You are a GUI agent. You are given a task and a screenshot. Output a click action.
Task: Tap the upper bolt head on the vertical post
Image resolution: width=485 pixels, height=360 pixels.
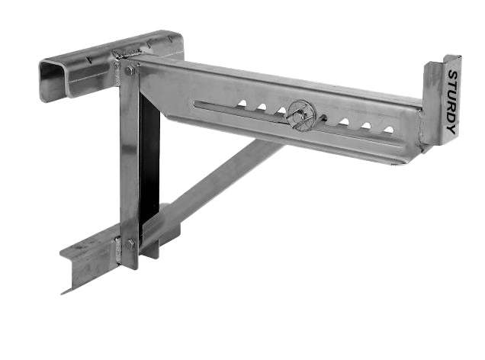click(130, 70)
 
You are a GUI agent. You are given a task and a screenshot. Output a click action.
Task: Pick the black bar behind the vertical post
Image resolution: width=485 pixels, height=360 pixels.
click(149, 160)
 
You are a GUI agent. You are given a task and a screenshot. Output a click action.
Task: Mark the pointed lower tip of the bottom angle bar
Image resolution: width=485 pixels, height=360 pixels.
click(64, 291)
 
